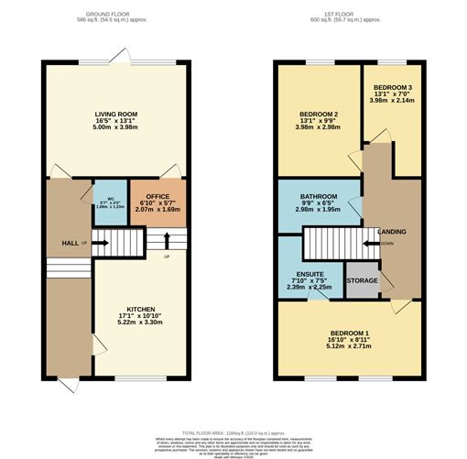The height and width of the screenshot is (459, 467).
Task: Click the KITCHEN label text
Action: [140, 310]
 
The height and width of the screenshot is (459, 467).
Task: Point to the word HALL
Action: [69, 244]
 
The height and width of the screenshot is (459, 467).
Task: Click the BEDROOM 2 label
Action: [320, 115]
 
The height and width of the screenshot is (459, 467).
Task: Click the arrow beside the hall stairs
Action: [102, 244]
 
